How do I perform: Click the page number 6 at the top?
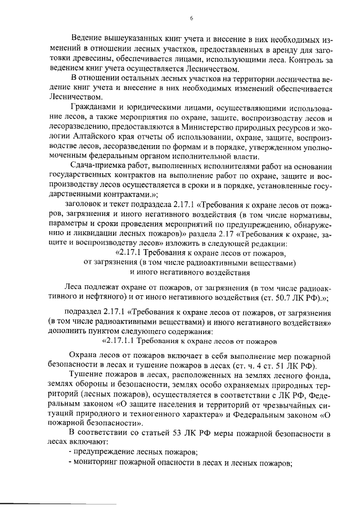coord(191,18)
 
